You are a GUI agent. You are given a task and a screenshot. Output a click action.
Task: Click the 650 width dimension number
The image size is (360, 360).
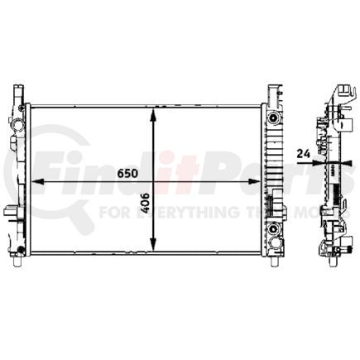click(127, 174)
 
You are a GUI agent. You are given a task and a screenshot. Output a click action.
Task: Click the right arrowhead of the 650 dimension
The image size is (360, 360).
click(257, 182)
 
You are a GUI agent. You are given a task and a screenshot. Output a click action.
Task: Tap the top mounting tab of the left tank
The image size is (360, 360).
click(19, 90)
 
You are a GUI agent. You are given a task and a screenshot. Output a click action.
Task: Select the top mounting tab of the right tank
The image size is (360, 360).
click(272, 89)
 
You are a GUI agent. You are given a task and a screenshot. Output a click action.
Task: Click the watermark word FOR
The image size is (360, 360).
click(111, 211)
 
